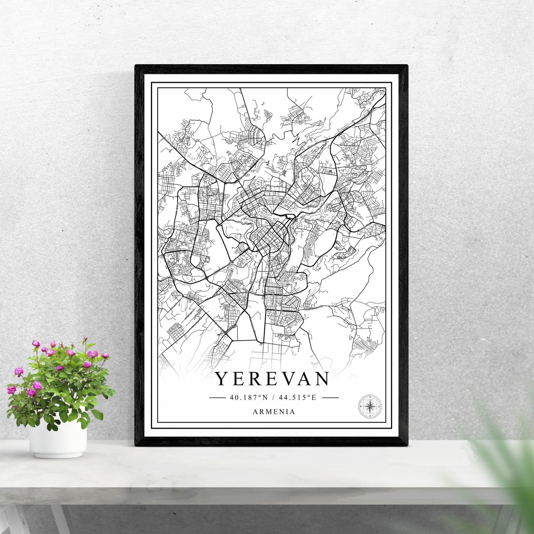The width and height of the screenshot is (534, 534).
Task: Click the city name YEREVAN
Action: [x=272, y=379]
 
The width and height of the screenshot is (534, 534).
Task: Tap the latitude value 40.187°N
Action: [x=249, y=397]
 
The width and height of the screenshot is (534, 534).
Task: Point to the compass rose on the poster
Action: [x=370, y=407]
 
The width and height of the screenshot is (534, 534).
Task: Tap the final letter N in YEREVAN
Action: [x=322, y=379]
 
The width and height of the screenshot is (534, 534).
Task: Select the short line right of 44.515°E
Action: [x=330, y=397]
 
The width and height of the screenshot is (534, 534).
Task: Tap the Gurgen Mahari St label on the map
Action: [x=313, y=307]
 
